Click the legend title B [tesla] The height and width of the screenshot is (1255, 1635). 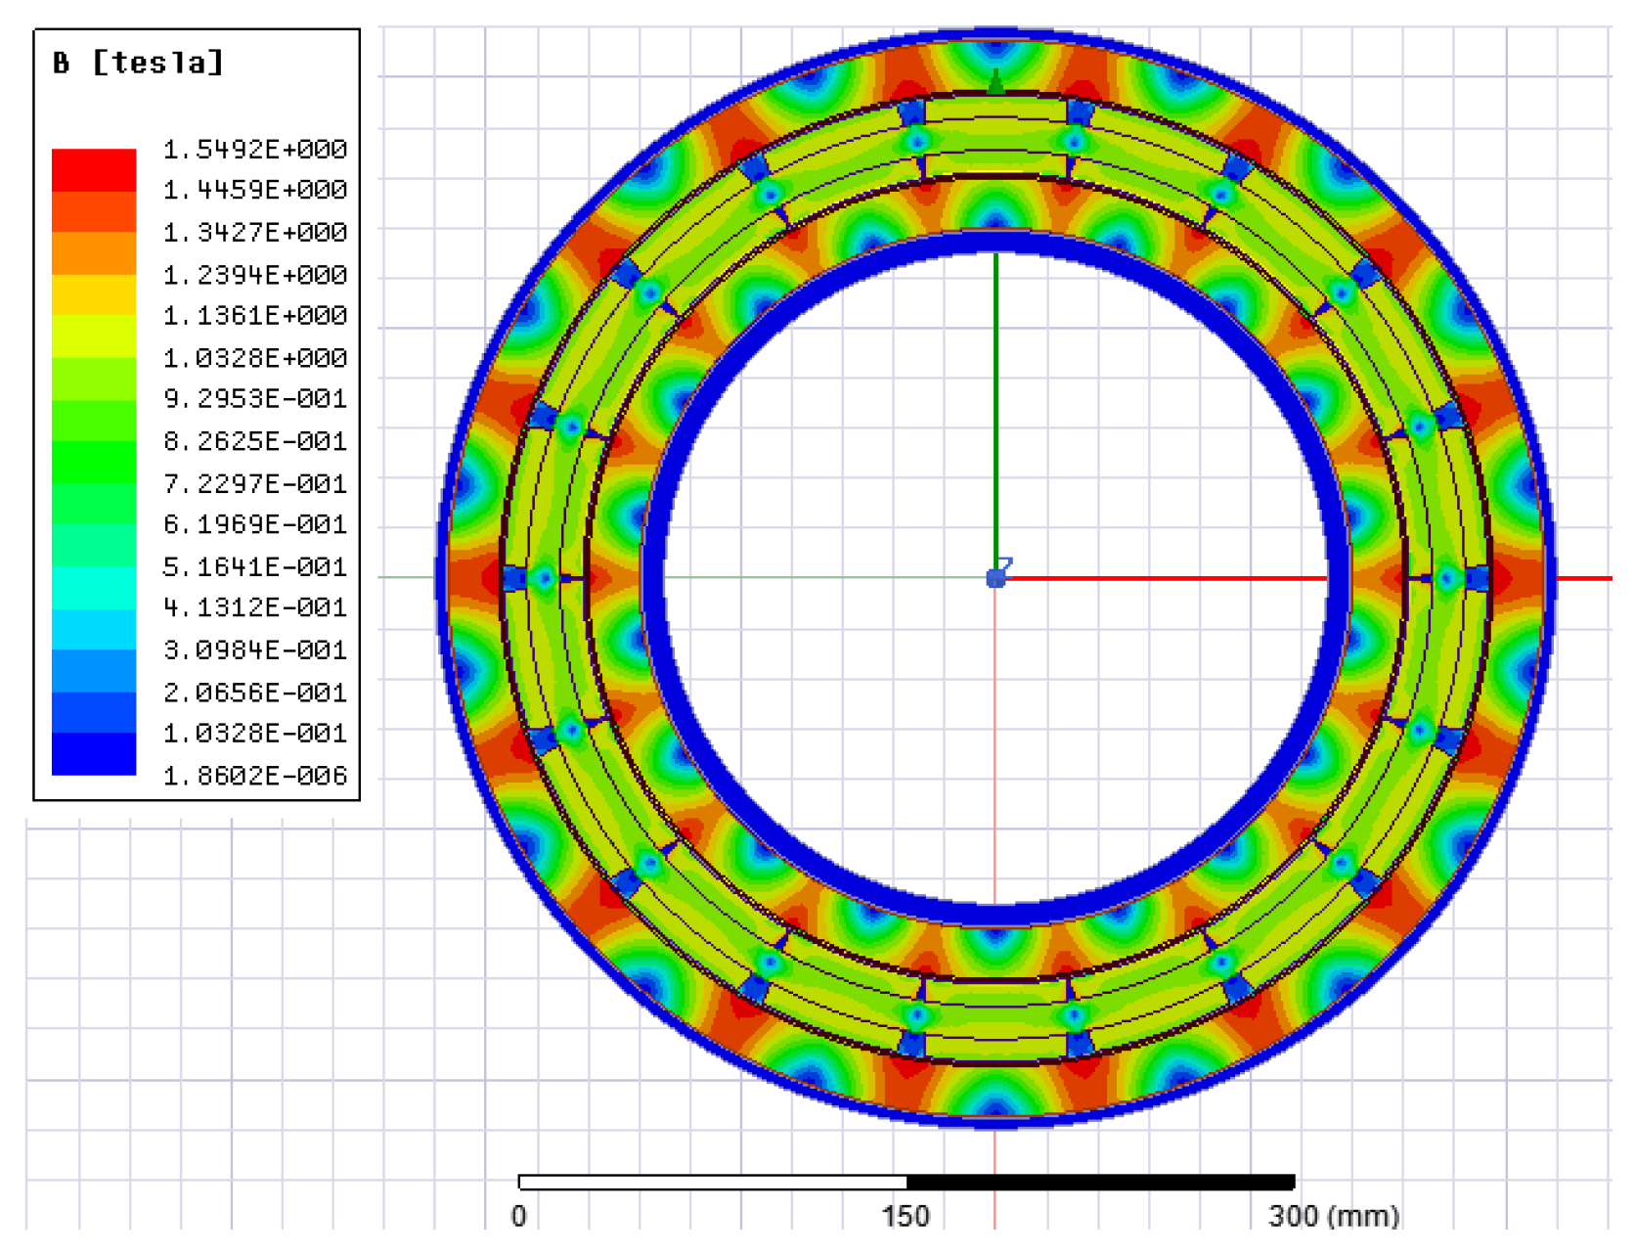tap(139, 64)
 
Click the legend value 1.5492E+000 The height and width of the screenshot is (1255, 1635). tap(254, 150)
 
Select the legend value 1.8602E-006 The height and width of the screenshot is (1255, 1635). tap(254, 776)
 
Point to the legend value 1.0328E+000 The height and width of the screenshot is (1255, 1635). tap(254, 358)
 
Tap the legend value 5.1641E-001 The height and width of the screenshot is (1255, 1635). tap(254, 567)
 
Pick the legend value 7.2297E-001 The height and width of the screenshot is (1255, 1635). tap(254, 483)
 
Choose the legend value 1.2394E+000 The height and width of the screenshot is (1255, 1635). tap(254, 275)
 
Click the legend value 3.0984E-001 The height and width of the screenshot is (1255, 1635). tap(254, 650)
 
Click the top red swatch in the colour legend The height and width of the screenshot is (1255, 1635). tap(94, 169)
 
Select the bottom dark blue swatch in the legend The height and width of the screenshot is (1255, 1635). tap(94, 754)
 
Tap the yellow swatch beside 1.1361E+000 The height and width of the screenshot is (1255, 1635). tap(94, 295)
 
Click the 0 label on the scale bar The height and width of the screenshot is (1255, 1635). tap(518, 1216)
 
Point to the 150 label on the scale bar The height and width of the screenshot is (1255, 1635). tap(906, 1216)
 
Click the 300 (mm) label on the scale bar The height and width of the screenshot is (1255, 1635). tap(1334, 1216)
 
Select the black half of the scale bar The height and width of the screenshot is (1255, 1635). tap(1100, 1183)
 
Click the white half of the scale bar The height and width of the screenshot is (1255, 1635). tap(712, 1183)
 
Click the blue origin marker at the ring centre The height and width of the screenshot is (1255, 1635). tap(995, 578)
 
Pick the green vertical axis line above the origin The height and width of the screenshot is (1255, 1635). tap(995, 411)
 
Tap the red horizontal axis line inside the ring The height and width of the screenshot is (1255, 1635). tap(1164, 578)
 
